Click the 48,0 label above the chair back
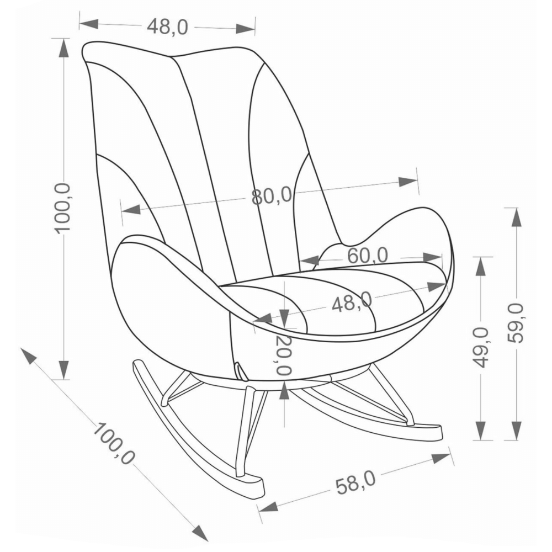[x=168, y=26]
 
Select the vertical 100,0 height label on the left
[x=63, y=208]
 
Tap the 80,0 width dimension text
[x=272, y=196]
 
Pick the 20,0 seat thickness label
[x=284, y=355]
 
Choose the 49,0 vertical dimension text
[x=482, y=347]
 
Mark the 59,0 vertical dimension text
[x=516, y=323]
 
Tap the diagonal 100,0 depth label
[x=113, y=443]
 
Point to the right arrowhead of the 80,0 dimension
[x=408, y=182]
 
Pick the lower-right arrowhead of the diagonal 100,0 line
[x=200, y=532]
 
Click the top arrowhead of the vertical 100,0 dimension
[x=63, y=47]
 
